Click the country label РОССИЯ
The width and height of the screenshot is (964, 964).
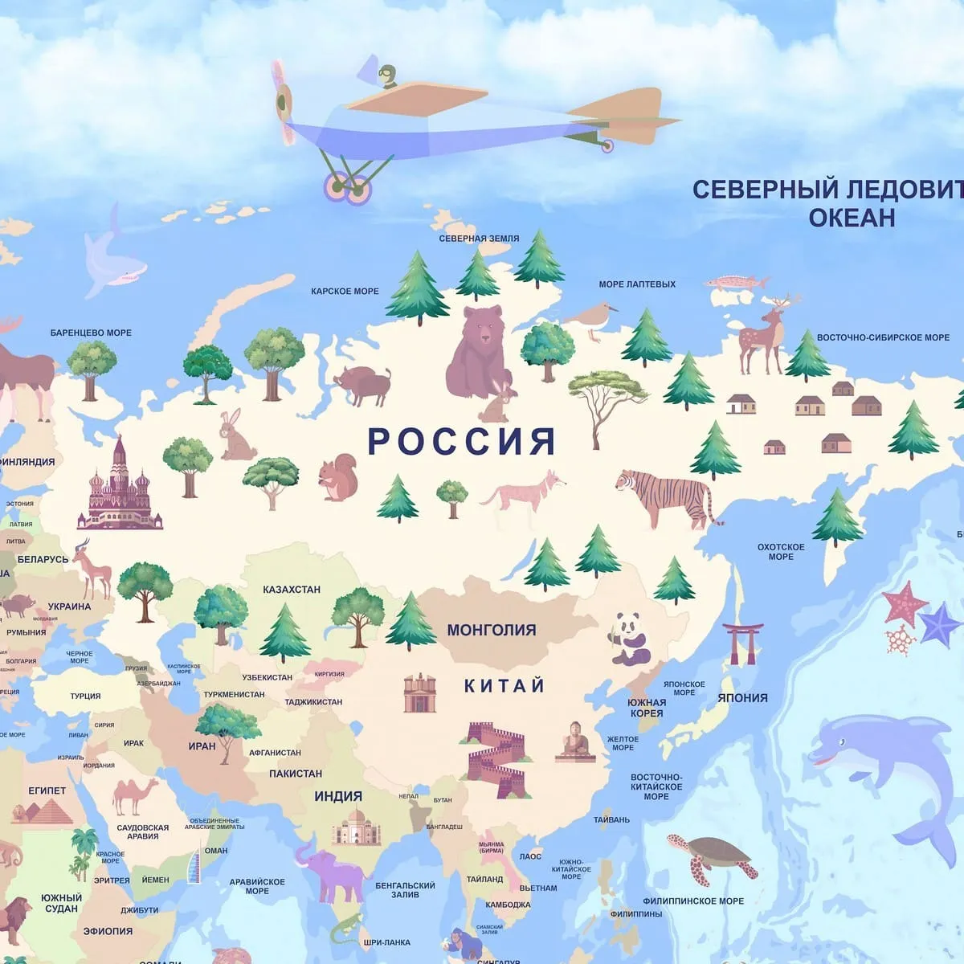pos(462,442)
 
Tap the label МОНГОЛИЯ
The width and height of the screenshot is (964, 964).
pos(491,630)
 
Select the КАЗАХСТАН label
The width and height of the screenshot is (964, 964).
pos(292,590)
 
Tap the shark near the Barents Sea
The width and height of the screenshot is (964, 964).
pos(112,257)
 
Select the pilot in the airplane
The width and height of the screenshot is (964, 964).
pos(390,76)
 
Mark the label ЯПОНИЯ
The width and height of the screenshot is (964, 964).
pos(742,698)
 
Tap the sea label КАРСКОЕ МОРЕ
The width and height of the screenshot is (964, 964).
pos(345,291)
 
